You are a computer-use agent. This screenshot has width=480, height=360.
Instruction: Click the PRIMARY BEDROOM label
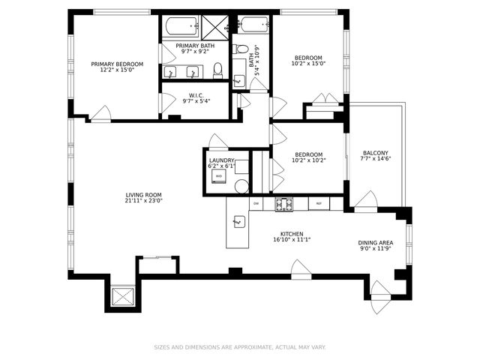click(117, 64)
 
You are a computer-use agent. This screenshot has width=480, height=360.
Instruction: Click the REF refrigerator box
click(319, 203)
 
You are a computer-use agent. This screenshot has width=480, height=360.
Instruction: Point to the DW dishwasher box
click(256, 203)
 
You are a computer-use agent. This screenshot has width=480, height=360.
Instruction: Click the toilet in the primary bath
click(217, 70)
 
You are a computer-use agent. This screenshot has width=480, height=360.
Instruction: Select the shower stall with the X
click(214, 28)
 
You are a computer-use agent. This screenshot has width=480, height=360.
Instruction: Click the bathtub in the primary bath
click(181, 28)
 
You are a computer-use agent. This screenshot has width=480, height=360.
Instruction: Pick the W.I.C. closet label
click(196, 95)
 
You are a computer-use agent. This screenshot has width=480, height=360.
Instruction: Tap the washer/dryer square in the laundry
click(219, 176)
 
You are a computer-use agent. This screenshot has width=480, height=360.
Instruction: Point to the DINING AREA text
click(375, 243)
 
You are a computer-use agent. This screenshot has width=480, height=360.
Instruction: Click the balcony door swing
click(367, 199)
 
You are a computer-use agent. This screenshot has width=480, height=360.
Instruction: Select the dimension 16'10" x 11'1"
click(295, 240)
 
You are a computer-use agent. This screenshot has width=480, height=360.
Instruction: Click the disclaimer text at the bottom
click(240, 347)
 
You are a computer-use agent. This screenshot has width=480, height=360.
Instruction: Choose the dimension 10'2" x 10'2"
click(308, 160)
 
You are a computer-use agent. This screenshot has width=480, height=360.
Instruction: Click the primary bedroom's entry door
click(101, 115)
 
